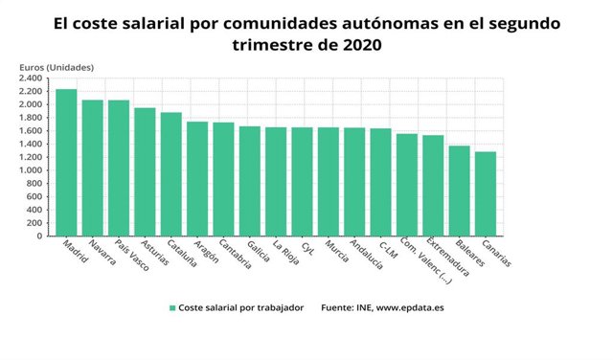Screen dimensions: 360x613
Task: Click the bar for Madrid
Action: (66, 163)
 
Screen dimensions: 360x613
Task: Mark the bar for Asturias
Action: (145, 171)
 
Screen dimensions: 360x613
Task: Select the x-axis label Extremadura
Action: (448, 257)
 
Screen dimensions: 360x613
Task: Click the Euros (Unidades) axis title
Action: (63, 66)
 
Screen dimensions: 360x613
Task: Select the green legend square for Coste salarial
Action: (172, 308)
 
